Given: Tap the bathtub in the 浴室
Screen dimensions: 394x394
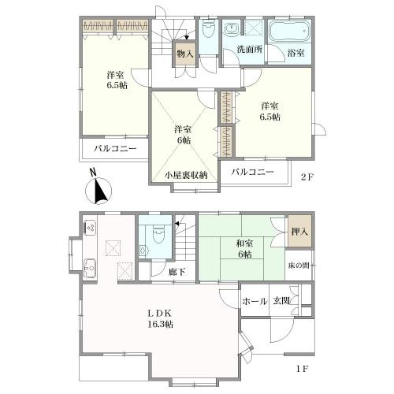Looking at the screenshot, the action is point(290,32).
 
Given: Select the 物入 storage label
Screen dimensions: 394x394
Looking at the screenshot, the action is point(185,54).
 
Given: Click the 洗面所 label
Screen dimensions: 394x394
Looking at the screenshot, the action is point(250,50).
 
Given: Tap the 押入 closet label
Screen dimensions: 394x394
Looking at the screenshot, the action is point(299,232).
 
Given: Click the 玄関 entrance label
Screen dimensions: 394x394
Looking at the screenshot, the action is point(281,301).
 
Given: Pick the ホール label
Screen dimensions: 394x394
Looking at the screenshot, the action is point(255,301).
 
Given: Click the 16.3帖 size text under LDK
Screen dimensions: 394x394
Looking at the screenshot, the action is point(160,325).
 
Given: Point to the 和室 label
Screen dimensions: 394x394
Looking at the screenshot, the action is point(244,243).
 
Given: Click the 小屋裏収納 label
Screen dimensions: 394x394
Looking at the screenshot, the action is point(186,175).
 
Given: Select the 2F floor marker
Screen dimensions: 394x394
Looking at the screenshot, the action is point(307,177).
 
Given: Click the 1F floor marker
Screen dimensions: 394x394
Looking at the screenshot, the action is point(302,369).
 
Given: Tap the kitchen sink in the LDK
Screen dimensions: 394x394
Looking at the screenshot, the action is point(90,268).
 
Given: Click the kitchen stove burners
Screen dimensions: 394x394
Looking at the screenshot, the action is point(90,228).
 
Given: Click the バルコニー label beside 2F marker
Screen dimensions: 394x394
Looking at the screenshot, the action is point(253,173).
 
